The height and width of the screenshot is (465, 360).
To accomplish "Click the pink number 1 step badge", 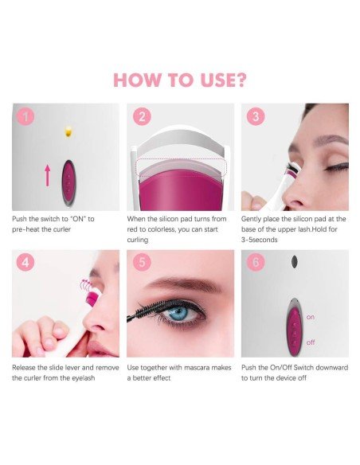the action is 25,116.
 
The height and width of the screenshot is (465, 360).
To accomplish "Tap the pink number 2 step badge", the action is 142,116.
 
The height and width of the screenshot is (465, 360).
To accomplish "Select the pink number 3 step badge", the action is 256,116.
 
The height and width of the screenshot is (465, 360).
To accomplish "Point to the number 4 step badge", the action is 25,263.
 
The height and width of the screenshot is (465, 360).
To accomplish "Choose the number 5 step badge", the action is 142,263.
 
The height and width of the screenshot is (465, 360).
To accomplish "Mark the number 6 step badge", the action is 256,263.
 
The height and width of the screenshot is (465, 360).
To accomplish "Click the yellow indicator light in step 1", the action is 68,131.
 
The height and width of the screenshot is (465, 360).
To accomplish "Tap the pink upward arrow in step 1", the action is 48,176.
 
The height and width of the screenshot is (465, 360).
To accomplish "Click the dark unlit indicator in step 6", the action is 294,261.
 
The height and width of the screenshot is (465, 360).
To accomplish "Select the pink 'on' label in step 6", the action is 311,318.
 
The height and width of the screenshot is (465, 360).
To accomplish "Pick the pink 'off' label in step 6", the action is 311,342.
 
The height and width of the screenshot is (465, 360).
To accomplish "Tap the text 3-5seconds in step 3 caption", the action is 259,240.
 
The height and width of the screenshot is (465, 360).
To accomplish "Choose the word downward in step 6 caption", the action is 331,368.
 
